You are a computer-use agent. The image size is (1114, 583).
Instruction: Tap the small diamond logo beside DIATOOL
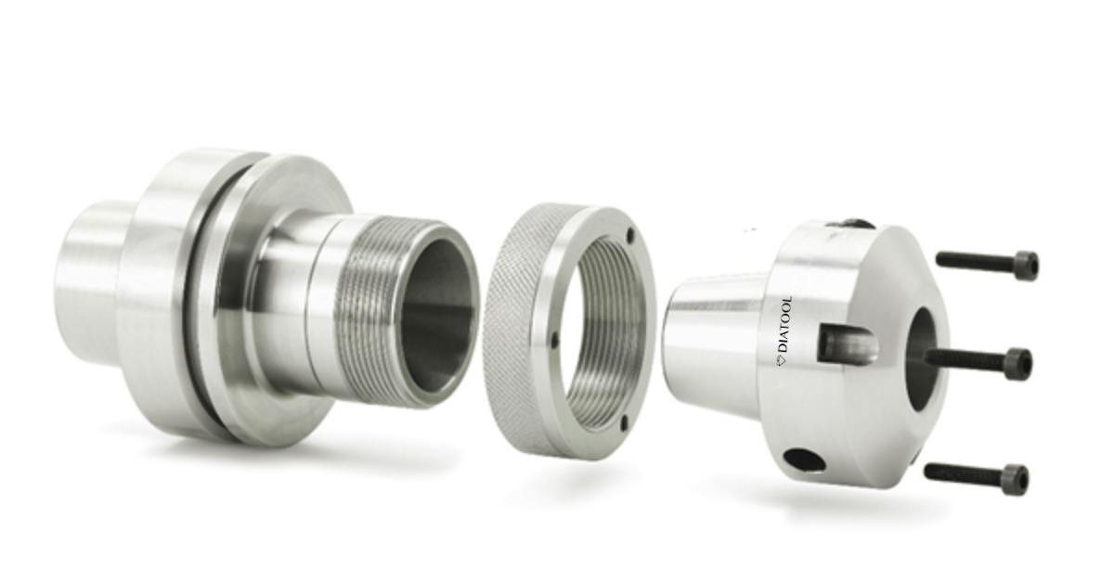[x=783, y=358]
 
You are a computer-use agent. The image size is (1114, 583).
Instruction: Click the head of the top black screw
[x=1026, y=266]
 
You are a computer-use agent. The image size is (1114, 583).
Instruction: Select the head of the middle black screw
[x=1018, y=363]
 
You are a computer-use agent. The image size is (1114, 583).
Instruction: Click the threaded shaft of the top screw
[x=975, y=261]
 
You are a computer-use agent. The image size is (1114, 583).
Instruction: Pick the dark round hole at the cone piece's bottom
[x=804, y=459]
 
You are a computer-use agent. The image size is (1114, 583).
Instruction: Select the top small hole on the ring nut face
[x=629, y=234]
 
